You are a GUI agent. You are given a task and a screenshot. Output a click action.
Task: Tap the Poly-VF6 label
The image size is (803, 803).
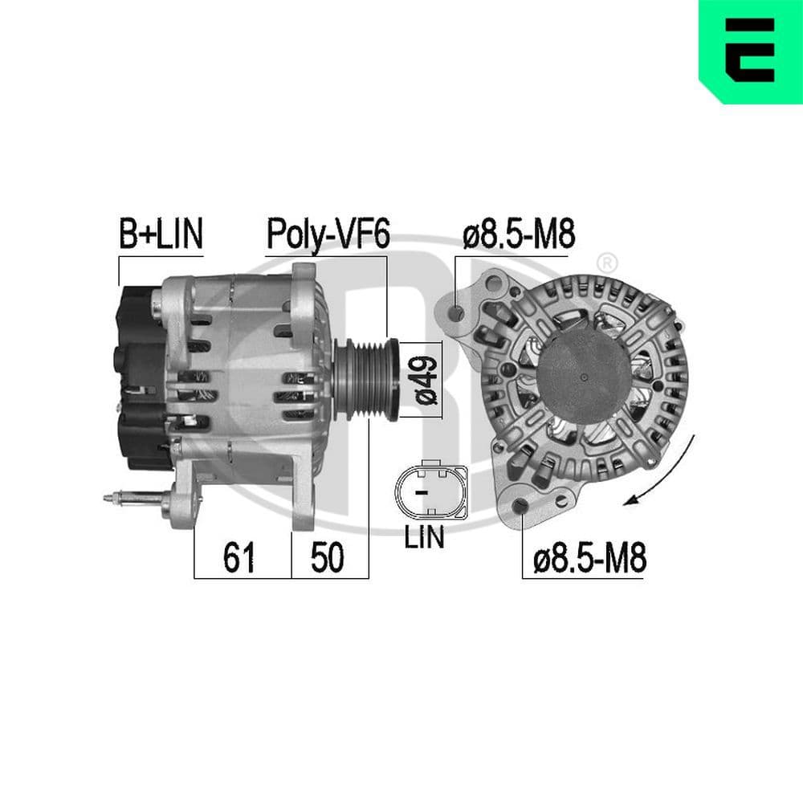(x=328, y=235)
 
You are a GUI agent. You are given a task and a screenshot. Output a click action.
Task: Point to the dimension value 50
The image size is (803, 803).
(x=327, y=557)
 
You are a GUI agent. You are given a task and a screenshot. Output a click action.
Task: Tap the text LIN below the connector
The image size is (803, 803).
(x=424, y=538)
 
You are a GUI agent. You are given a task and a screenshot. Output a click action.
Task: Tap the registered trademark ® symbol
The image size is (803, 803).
(x=608, y=262)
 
